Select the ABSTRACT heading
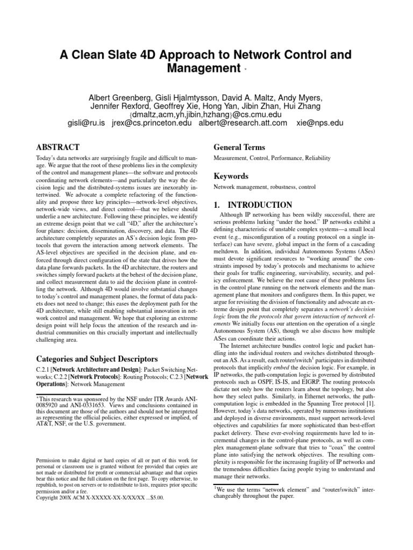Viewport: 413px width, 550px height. (x=58, y=147)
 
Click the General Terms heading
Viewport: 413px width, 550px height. (x=239, y=147)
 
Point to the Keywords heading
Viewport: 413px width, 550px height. (x=231, y=176)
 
